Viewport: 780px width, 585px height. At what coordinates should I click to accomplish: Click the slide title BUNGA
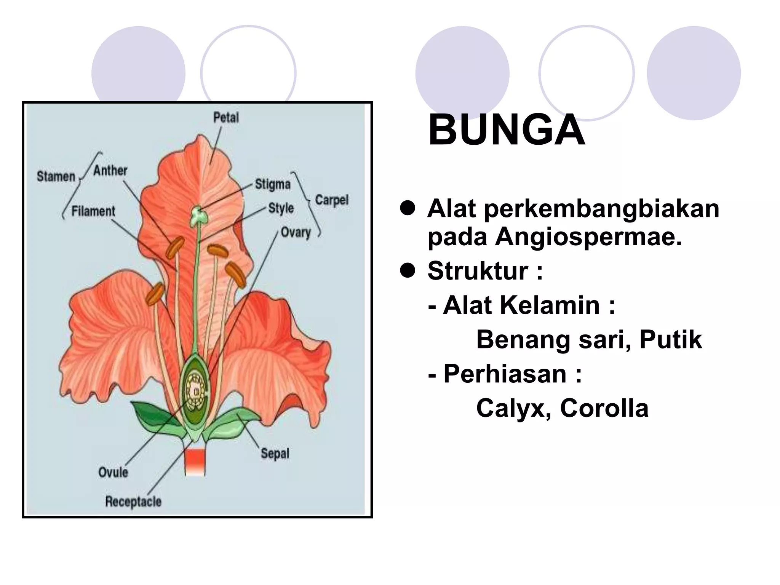click(x=507, y=130)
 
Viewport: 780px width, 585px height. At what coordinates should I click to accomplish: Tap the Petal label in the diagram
click(x=226, y=117)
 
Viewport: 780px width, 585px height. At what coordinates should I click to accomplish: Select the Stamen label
click(x=56, y=176)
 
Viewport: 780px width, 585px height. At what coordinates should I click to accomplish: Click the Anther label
click(x=110, y=170)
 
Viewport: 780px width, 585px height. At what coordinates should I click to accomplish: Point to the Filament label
click(x=93, y=211)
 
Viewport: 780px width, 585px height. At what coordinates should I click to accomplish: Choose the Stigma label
click(x=273, y=184)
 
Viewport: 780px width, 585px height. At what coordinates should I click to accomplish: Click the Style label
click(x=281, y=208)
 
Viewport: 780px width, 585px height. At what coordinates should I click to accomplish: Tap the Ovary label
click(x=296, y=232)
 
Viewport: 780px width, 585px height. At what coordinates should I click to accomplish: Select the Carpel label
click(x=332, y=200)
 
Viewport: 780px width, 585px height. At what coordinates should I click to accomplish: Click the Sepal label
click(x=275, y=453)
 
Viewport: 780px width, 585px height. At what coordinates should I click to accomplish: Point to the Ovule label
click(x=113, y=472)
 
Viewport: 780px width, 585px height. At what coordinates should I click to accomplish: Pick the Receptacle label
click(x=133, y=501)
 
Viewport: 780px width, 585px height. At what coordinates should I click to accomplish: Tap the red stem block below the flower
click(x=195, y=462)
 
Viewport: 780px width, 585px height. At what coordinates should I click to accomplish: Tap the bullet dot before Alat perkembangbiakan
click(x=407, y=208)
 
